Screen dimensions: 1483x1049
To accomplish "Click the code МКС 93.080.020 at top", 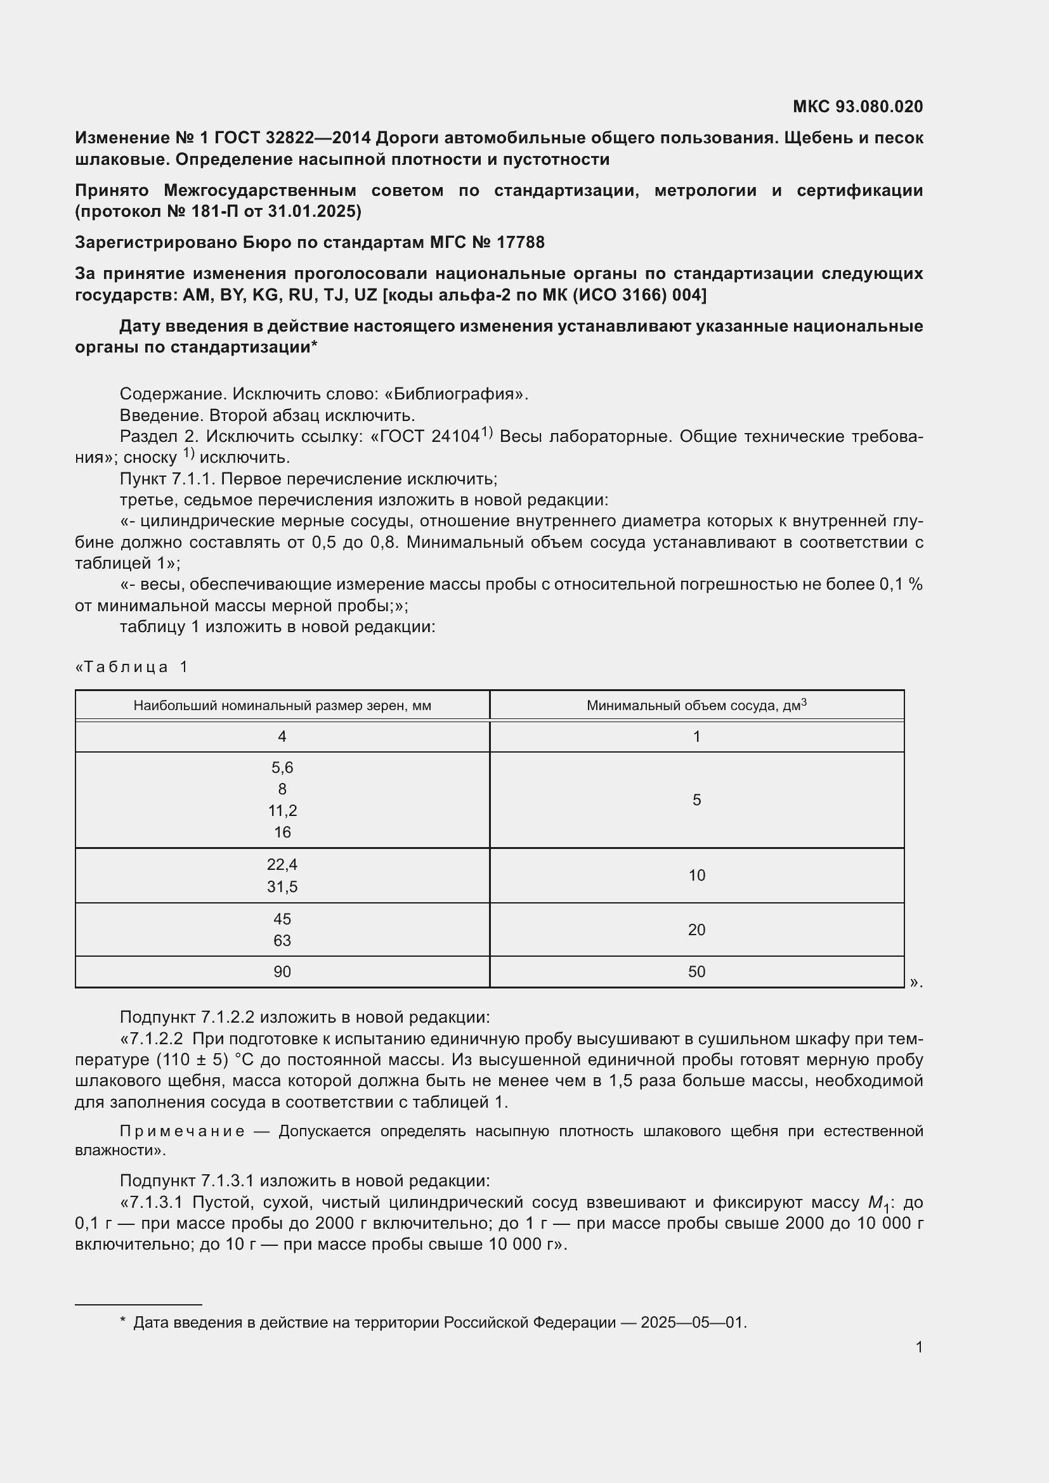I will [x=857, y=107].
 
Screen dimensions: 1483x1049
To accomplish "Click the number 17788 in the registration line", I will [x=521, y=242].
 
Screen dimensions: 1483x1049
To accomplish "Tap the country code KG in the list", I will [x=265, y=295].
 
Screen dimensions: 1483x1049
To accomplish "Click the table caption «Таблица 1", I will [x=132, y=666].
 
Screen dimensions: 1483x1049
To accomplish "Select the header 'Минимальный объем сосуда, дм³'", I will [x=696, y=705].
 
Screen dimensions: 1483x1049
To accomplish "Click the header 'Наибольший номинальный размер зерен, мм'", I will [x=282, y=706].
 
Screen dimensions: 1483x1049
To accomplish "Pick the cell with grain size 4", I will [x=282, y=736].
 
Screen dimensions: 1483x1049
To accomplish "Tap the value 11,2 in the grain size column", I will [x=282, y=811].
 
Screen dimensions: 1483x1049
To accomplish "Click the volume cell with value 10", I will [x=696, y=875].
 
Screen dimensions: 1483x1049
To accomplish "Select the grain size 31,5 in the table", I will [x=282, y=887].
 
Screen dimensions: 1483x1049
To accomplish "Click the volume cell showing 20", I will [x=696, y=929].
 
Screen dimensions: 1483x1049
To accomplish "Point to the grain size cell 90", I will [x=282, y=971].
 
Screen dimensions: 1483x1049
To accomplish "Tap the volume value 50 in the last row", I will [x=696, y=971].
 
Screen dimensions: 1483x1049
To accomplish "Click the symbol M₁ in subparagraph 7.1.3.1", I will [x=878, y=1203].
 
